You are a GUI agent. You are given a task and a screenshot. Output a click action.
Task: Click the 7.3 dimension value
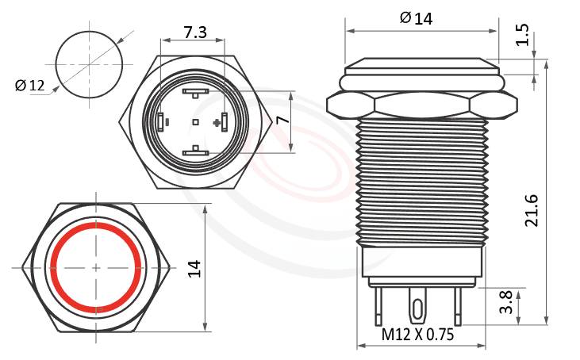(195, 33)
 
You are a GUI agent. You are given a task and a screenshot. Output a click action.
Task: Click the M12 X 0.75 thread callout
(417, 335)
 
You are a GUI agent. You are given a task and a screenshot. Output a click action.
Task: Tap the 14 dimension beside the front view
(194, 268)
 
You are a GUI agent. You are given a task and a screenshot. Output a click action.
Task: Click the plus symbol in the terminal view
(217, 122)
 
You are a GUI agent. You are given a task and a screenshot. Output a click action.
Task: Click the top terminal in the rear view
(195, 93)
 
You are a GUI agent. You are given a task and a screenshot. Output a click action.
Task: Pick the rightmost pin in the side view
(457, 305)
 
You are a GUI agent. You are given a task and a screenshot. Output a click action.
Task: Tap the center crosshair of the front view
(96, 268)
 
